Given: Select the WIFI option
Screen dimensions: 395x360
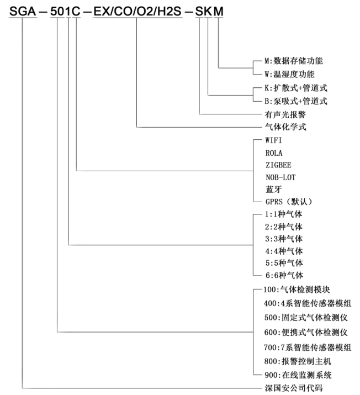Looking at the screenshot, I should click(274, 140).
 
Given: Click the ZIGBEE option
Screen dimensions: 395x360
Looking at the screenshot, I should click(278, 165).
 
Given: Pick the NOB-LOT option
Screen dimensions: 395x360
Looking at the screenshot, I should click(280, 177).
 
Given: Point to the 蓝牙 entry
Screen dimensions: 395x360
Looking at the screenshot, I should click(273, 189).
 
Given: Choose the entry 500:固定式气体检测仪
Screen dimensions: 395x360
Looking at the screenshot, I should click(305, 318).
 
